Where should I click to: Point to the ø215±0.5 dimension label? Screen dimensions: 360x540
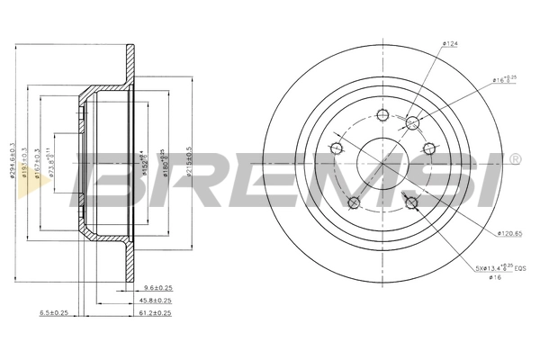(x=189, y=160)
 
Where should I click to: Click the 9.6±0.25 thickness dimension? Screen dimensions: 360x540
(x=157, y=289)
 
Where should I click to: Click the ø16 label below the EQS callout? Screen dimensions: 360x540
(x=494, y=278)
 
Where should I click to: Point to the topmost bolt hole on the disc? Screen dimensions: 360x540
(x=382, y=114)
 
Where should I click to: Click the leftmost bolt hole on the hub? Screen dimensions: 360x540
(x=337, y=148)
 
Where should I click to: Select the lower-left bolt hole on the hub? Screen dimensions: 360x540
(x=355, y=202)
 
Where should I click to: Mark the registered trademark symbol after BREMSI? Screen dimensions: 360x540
(x=514, y=160)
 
